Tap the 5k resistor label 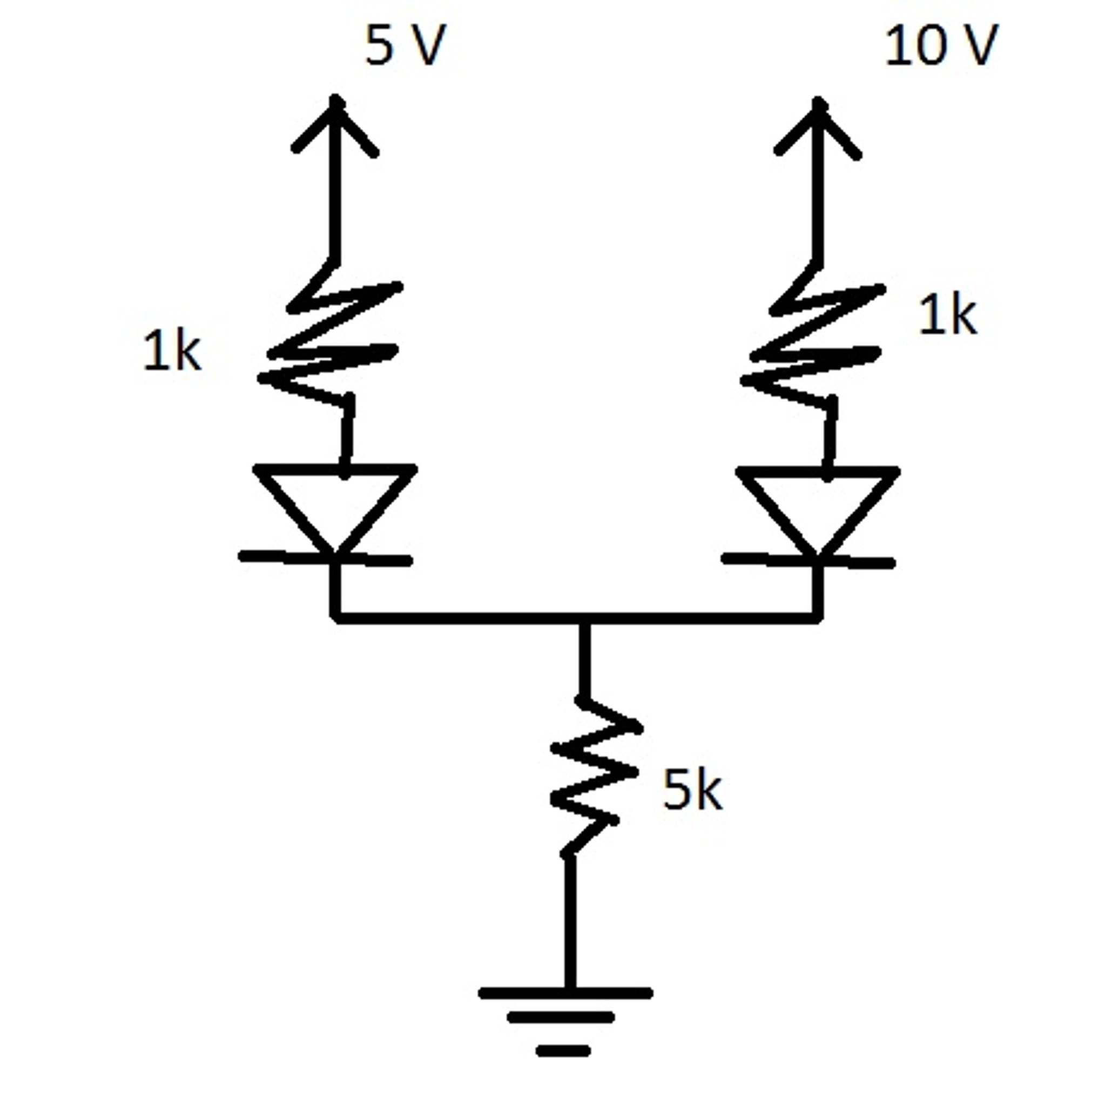click(x=692, y=792)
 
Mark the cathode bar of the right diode click(x=808, y=561)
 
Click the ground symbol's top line click(x=565, y=993)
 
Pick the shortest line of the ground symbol click(x=563, y=1051)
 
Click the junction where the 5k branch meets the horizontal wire click(x=583, y=618)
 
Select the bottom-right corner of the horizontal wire click(x=818, y=618)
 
